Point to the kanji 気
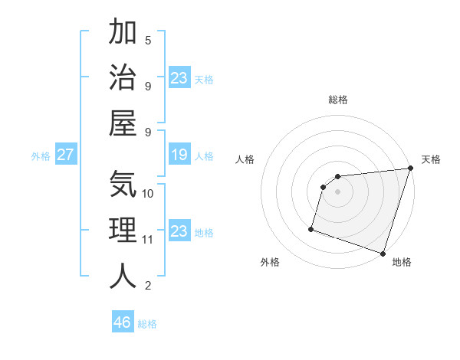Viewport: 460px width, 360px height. click(123, 184)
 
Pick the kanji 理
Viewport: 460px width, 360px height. click(123, 230)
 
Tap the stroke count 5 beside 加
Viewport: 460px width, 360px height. click(148, 41)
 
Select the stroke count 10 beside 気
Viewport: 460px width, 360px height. click(148, 193)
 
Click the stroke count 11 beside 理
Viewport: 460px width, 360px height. click(148, 240)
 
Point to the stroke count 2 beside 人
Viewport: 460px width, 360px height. click(148, 286)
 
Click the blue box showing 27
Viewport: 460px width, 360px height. click(65, 155)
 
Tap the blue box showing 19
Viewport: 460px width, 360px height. click(179, 155)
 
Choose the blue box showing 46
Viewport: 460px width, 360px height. click(123, 322)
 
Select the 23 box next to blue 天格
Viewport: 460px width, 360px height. click(179, 77)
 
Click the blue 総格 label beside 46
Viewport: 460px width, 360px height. click(148, 324)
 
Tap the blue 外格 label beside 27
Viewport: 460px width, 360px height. click(41, 156)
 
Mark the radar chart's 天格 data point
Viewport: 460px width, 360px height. click(410, 169)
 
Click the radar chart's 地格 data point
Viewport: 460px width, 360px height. click(383, 253)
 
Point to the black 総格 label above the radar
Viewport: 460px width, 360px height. click(338, 100)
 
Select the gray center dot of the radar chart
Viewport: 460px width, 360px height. click(337, 191)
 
